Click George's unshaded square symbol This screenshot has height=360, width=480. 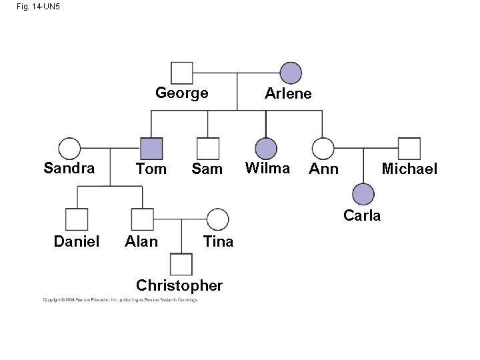[x=182, y=73]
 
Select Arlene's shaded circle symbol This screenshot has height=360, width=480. [x=291, y=73]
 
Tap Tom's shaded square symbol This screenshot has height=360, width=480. [x=151, y=148]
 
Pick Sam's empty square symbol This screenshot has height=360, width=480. [x=208, y=148]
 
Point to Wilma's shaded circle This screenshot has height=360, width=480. [x=266, y=148]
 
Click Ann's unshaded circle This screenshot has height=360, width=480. [x=323, y=148]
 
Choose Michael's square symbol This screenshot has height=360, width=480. [x=409, y=148]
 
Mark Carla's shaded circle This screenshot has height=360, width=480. [x=363, y=193]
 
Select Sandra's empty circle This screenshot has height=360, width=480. [x=69, y=148]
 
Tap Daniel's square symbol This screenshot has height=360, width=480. [x=77, y=219]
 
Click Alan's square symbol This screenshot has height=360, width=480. [x=142, y=219]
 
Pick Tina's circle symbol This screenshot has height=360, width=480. [x=217, y=219]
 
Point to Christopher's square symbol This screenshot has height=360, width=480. [x=181, y=265]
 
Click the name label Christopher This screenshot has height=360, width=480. [x=179, y=286]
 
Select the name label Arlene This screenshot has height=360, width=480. [x=288, y=94]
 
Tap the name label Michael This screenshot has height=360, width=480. [x=409, y=169]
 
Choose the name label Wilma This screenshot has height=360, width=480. [x=267, y=168]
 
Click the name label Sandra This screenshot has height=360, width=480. [x=69, y=168]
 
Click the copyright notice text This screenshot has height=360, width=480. [x=120, y=301]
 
